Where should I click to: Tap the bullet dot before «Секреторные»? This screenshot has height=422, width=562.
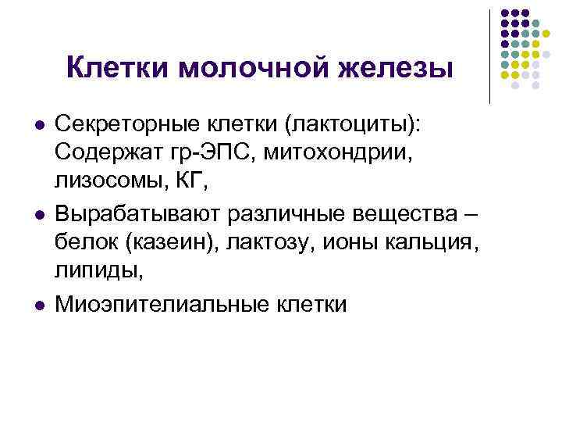[37, 123]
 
